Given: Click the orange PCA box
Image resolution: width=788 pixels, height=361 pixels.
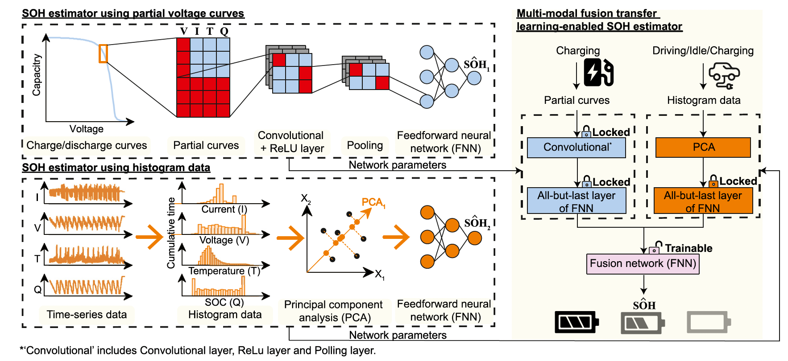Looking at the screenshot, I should point(703,148).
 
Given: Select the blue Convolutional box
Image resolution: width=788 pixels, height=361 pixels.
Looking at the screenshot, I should point(576,148).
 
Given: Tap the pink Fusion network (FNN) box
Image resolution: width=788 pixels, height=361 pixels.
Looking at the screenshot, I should point(643,264).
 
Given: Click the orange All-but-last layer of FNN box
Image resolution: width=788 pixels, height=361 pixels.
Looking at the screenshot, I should point(703,201).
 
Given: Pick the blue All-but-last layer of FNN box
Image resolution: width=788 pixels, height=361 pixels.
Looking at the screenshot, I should point(576,201).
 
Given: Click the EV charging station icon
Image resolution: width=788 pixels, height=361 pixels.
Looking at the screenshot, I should point(598,72).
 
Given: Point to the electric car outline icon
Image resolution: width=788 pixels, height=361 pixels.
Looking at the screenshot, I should point(724,75).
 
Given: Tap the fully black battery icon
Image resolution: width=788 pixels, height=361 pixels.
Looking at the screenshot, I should point(576,322).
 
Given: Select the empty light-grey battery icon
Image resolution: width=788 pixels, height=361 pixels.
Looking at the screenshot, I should point(708,322).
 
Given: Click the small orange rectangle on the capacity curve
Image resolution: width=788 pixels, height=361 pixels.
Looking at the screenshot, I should point(103,53).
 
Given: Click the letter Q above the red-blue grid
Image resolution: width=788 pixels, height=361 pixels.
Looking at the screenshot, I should point(224,31).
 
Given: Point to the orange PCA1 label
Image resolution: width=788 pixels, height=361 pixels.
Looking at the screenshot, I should point(373,202).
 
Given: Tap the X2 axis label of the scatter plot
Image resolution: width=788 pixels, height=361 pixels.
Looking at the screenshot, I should point(306,198).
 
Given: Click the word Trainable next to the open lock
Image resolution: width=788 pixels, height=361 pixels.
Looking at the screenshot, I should point(688,248).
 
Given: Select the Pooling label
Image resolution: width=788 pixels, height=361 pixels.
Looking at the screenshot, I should point(365,145).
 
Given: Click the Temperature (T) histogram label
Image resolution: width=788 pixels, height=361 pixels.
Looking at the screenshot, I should point(224,271).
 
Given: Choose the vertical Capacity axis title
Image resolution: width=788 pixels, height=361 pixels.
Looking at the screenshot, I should point(37,75).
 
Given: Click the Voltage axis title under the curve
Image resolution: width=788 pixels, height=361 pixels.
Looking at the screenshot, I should point(87,129).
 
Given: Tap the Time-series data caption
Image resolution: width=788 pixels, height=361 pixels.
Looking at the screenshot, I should point(87,315).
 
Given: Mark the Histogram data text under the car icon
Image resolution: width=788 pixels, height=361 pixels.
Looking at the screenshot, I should point(703,100).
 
